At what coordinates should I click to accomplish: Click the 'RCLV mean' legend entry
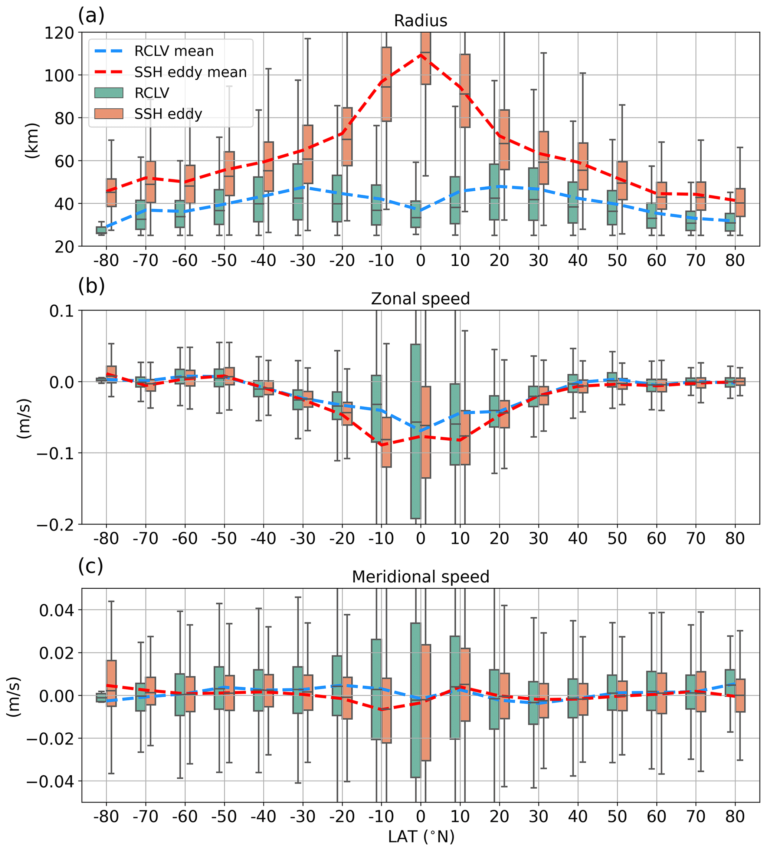point(174,51)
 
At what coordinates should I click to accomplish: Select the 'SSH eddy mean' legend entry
point(190,72)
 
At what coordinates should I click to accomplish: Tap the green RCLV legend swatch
point(109,93)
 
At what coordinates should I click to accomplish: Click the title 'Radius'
point(420,21)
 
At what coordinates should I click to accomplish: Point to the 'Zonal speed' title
point(420,299)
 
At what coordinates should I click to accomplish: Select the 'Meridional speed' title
point(420,577)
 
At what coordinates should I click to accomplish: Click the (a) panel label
point(91,16)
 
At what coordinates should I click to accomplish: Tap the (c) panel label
point(91,566)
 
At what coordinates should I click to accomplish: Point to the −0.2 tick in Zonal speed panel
point(55,525)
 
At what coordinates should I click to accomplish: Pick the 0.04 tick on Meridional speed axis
point(56,610)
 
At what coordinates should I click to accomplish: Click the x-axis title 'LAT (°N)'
point(421,837)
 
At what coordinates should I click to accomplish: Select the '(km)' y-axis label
point(32,140)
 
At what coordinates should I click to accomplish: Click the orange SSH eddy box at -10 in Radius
point(386,84)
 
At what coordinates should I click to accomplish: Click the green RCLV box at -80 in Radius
point(101,230)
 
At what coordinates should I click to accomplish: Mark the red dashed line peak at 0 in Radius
point(420,54)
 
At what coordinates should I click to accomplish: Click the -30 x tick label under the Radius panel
point(302,261)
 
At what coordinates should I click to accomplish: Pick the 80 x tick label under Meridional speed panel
point(735,816)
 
